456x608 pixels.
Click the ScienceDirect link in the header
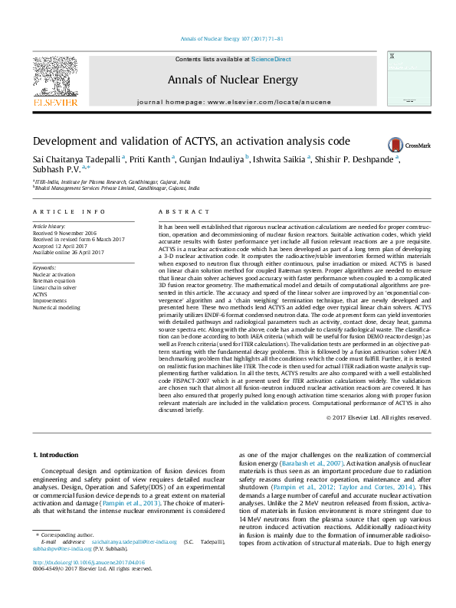click(x=271, y=59)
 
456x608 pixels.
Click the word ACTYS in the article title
click(x=204, y=141)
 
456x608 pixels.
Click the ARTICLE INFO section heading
click(x=68, y=211)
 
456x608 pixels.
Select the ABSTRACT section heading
click(x=178, y=211)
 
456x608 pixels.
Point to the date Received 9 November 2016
click(x=65, y=233)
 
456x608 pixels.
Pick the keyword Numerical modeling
click(x=56, y=307)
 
